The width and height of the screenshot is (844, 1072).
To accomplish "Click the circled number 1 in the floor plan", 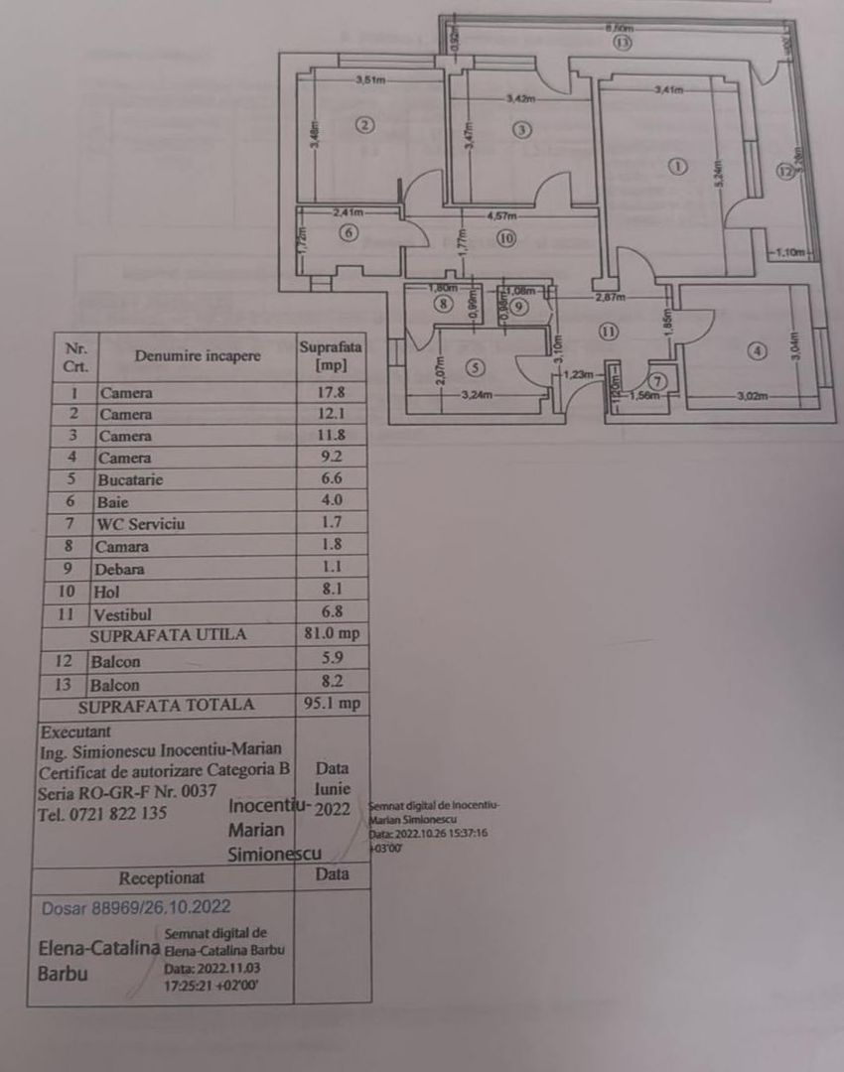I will coord(677,167).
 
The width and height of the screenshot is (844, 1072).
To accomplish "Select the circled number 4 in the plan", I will coord(759,350).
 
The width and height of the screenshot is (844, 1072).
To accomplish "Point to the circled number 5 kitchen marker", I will coord(475,368).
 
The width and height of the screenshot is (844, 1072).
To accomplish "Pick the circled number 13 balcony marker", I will coord(623,43).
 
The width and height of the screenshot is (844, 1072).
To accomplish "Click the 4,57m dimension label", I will coord(501,214).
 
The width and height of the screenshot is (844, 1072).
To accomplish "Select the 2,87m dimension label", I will coord(609,297).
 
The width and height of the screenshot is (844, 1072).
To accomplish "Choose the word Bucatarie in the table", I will coord(130,479).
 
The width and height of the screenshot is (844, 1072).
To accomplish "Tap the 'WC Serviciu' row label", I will coord(140,524).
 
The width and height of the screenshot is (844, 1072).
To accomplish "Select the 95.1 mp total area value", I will coord(332,705).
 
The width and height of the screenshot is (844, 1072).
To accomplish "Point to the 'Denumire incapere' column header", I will coord(199,356).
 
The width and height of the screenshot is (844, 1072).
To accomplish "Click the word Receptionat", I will coord(162,877).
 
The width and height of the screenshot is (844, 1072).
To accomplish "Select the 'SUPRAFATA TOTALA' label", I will coord(166,706).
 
